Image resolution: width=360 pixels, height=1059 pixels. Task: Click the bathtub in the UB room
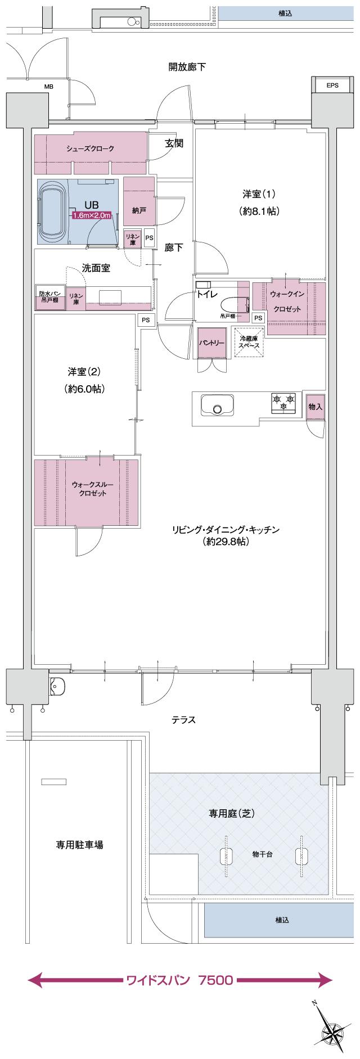click(x=51, y=212)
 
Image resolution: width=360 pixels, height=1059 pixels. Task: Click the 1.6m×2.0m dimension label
click(x=92, y=215)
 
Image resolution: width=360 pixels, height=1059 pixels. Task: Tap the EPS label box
click(x=332, y=85)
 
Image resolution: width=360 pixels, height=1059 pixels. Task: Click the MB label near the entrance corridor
click(x=49, y=87)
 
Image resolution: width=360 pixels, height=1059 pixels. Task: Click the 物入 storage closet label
click(x=316, y=407)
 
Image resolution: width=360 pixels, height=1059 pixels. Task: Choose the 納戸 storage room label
click(x=139, y=210)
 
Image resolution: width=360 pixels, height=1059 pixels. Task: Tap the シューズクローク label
click(x=90, y=148)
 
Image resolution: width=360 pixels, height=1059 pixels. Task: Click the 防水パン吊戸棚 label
click(x=49, y=297)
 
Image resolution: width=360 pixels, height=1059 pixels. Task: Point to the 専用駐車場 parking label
click(x=79, y=844)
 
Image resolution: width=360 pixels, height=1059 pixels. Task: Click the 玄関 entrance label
click(x=174, y=143)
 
